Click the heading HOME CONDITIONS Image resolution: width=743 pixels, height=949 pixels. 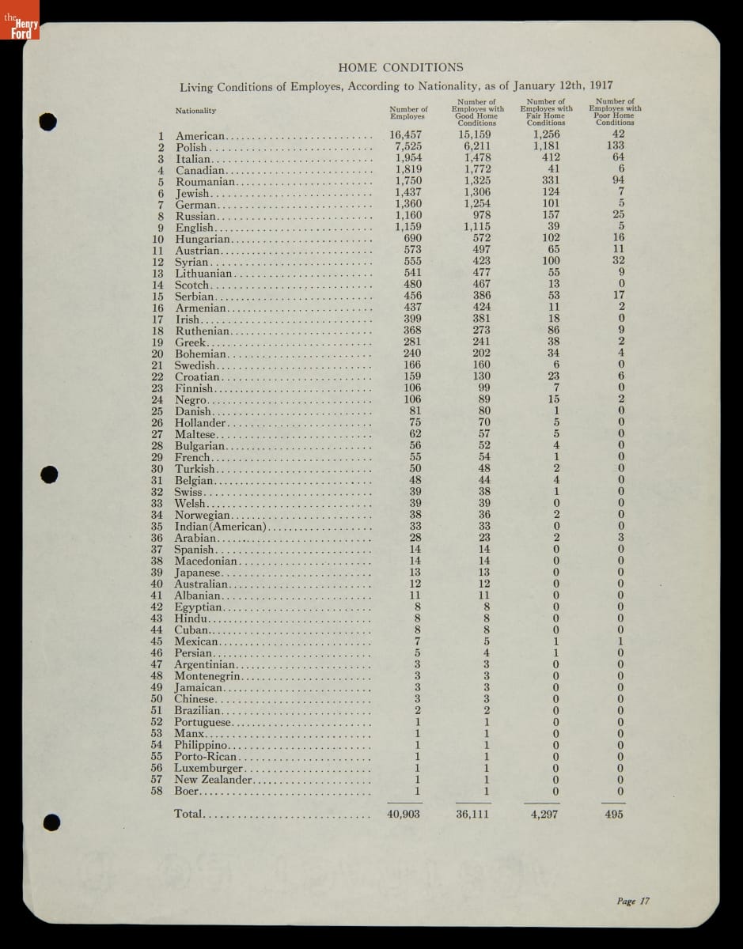pyautogui.click(x=400, y=68)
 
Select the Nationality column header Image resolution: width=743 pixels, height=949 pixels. pyautogui.click(x=195, y=111)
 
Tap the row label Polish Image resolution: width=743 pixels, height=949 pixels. pyautogui.click(x=191, y=147)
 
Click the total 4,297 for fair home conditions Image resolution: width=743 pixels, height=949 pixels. pyautogui.click(x=544, y=814)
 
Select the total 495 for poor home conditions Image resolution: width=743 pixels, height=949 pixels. pyautogui.click(x=613, y=814)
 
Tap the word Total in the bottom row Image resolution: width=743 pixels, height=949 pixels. pyautogui.click(x=189, y=814)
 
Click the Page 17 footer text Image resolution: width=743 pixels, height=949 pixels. pyautogui.click(x=633, y=901)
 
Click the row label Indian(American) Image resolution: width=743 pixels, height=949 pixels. pyautogui.click(x=220, y=527)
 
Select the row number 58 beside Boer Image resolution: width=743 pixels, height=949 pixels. pyautogui.click(x=157, y=791)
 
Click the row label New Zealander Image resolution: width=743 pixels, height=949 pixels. pyautogui.click(x=214, y=780)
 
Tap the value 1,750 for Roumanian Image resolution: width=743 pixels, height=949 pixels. pyautogui.click(x=408, y=181)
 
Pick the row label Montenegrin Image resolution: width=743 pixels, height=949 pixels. pyautogui.click(x=208, y=676)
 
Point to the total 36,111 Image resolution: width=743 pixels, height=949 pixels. pyautogui.click(x=472, y=814)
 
